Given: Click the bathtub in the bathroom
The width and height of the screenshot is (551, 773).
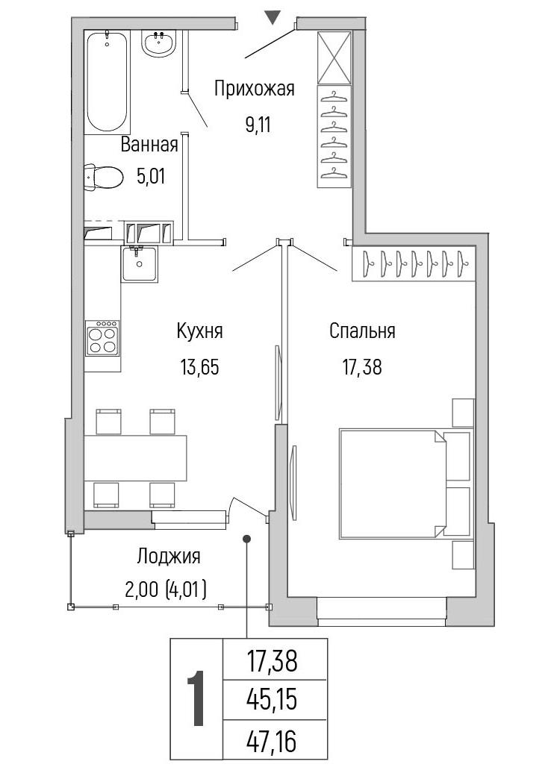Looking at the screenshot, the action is (x=107, y=82).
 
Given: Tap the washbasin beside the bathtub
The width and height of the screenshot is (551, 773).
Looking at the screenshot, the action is (x=159, y=43).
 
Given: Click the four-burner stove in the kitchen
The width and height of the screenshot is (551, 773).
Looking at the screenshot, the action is (x=102, y=338).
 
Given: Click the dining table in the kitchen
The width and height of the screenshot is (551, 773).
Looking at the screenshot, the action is (x=135, y=458).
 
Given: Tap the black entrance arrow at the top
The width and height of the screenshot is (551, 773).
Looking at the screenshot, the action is (x=273, y=17).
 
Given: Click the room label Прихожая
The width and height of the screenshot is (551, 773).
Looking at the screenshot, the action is (x=254, y=89).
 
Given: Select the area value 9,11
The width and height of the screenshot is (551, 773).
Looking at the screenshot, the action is (x=258, y=125).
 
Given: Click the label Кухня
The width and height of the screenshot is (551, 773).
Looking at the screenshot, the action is (x=200, y=331).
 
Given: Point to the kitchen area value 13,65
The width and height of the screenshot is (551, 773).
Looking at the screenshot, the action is (x=199, y=367).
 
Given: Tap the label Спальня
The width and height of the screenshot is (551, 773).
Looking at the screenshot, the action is (x=362, y=331).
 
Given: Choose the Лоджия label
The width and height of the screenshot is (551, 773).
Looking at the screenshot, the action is (x=169, y=556).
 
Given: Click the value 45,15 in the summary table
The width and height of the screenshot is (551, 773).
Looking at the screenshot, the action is (x=273, y=699).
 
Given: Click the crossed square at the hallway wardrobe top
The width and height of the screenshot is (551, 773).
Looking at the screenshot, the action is (x=334, y=57).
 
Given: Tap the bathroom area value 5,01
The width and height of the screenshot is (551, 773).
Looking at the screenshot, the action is (x=151, y=177).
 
